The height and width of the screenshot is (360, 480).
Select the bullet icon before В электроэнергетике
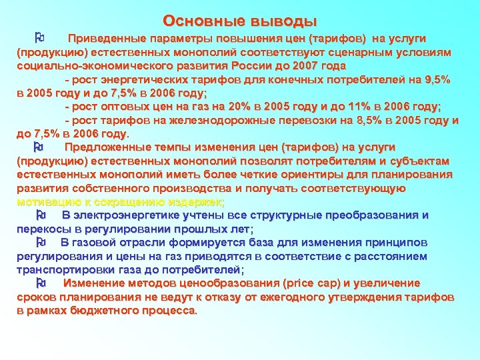tap(41, 215)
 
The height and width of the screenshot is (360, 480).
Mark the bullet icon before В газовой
tap(41, 242)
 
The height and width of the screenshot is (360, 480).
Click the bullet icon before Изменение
tap(41, 283)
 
